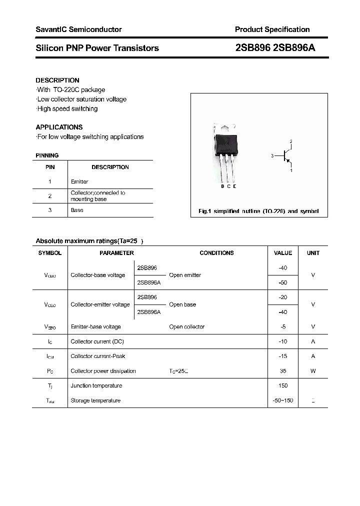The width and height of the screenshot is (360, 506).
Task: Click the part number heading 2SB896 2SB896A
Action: coord(275,48)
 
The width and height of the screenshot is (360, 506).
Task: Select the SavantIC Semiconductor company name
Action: coord(78,29)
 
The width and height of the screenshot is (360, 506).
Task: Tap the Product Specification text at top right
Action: coord(272,29)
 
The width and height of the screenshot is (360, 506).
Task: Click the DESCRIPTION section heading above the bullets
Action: coord(57,80)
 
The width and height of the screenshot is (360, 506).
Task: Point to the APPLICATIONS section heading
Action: coord(59,127)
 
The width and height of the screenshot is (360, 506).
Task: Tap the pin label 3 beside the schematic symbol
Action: coord(272,156)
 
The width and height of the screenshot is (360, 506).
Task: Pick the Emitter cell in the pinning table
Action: coord(79,181)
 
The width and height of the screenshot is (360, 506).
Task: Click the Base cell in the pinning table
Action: coord(77,210)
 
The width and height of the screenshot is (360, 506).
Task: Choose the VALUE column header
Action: coord(283,253)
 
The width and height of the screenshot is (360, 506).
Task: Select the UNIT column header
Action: coord(313,253)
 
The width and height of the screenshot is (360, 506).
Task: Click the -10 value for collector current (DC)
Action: coord(283,341)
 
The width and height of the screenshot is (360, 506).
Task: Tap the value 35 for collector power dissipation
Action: coord(283,371)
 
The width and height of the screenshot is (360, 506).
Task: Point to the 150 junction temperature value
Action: coord(283,385)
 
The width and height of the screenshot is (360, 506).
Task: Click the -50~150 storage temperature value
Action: coord(283,400)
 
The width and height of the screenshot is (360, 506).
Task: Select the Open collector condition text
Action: coord(186,326)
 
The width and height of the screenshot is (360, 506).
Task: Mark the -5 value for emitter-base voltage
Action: coord(283,326)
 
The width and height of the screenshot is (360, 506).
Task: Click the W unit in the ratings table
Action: coord(313,371)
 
